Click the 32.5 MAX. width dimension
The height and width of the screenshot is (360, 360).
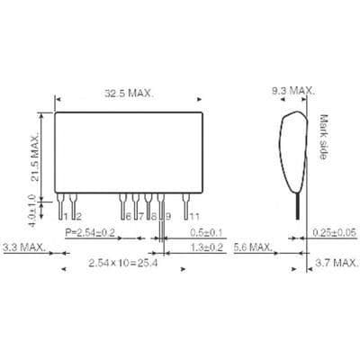coord(130,93)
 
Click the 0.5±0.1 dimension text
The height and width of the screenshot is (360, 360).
coord(206,232)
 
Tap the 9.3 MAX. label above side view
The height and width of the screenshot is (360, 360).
coord(292,91)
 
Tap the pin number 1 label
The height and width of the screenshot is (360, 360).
coord(65,216)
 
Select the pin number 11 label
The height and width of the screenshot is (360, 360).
coord(192,216)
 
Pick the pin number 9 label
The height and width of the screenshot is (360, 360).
coord(167,216)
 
